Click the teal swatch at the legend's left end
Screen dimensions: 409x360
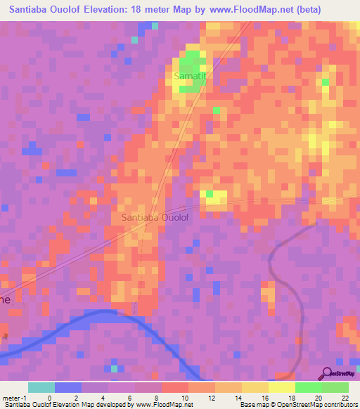41,387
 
